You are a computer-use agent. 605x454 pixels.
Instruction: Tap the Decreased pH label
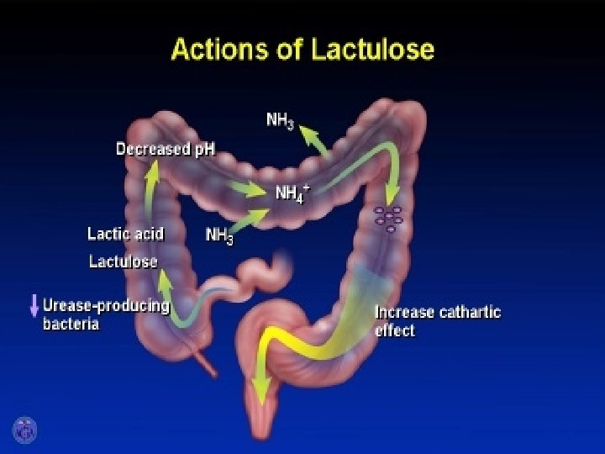click(165, 150)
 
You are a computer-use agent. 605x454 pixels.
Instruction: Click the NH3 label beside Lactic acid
click(220, 236)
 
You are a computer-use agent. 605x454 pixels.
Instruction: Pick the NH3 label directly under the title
click(280, 120)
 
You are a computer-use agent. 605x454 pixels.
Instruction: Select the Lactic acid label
click(125, 233)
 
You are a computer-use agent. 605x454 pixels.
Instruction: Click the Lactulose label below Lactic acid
click(124, 261)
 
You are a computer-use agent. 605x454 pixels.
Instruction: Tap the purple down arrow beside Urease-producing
click(34, 305)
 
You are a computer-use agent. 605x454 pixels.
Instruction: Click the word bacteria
click(71, 324)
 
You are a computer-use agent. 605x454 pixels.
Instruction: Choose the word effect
click(394, 330)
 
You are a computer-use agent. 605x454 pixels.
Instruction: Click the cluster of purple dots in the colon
click(388, 218)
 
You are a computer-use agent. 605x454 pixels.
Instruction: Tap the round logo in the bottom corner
click(24, 430)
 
